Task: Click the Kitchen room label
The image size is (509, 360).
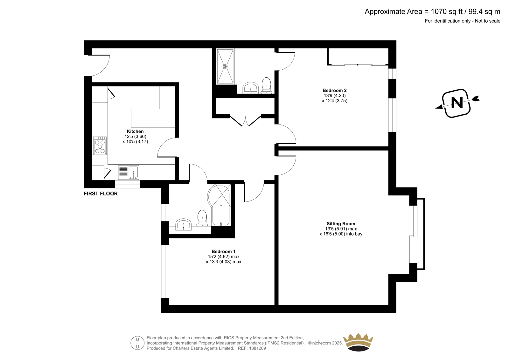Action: (x=135, y=131)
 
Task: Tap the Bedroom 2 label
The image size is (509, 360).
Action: (x=334, y=90)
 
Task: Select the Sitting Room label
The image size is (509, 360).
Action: (x=341, y=223)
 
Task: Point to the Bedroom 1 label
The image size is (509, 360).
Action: (x=223, y=251)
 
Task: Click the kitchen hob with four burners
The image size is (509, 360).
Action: (x=100, y=145)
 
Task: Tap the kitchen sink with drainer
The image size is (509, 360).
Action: (x=129, y=173)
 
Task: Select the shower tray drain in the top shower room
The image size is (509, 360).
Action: (x=225, y=67)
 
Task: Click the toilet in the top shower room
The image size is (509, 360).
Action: (x=266, y=86)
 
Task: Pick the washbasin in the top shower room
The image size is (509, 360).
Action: (x=251, y=88)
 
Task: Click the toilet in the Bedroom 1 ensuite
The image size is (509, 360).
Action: (x=202, y=218)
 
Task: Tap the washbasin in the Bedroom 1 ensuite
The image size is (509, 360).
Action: (x=183, y=224)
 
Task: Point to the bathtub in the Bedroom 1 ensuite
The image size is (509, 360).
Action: (x=219, y=205)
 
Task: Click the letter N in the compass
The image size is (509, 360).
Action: (x=457, y=103)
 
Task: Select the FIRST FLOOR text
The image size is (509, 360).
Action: (x=101, y=194)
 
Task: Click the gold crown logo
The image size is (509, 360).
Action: (x=358, y=342)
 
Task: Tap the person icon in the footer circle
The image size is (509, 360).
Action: (x=137, y=343)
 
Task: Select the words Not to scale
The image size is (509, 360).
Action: (x=488, y=21)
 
